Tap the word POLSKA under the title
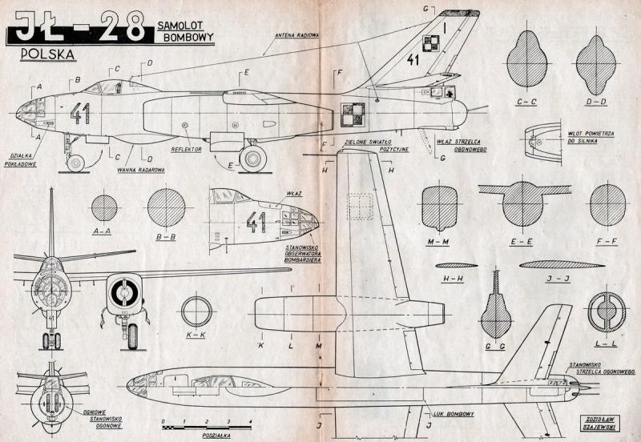click(x=45, y=54)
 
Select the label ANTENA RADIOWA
click(x=297, y=35)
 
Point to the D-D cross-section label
click(x=595, y=102)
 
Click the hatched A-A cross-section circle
click(x=104, y=208)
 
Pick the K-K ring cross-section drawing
click(x=196, y=312)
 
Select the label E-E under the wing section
click(x=522, y=240)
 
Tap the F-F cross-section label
click(x=607, y=240)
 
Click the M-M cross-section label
click(x=437, y=240)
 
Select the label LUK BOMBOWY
click(x=455, y=414)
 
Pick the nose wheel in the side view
click(x=75, y=163)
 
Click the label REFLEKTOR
click(x=186, y=148)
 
